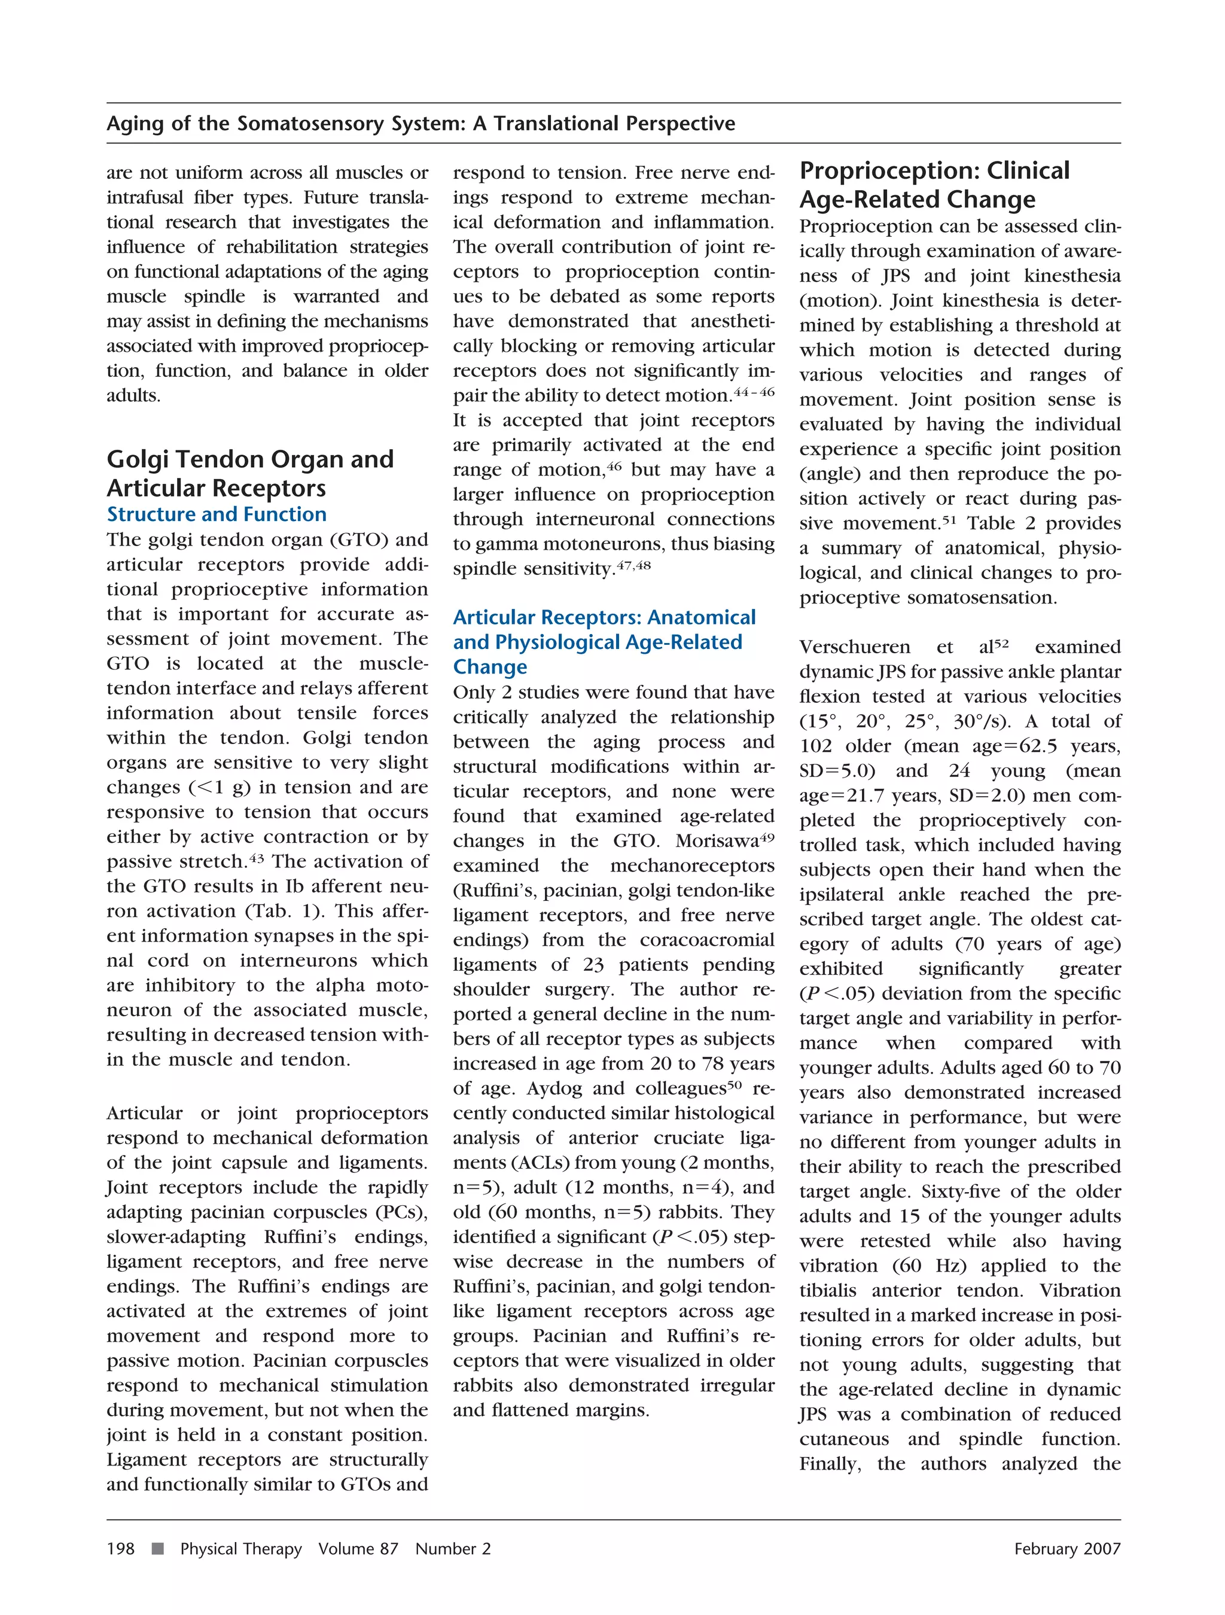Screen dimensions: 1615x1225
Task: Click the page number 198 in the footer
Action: pos(120,1549)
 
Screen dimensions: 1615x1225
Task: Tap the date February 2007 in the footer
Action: pos(1066,1549)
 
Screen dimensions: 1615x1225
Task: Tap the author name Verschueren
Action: pos(854,647)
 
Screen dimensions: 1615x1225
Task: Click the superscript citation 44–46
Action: pos(754,392)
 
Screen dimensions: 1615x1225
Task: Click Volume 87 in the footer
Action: pos(358,1549)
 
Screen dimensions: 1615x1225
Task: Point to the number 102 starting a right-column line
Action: pos(815,746)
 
